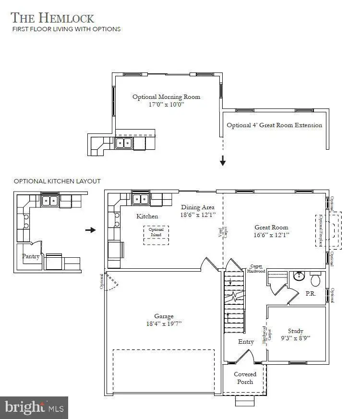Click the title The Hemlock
click(x=52, y=18)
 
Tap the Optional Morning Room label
click(x=166, y=97)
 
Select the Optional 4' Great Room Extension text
click(x=274, y=125)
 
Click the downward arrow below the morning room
click(x=223, y=161)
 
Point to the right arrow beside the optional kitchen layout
click(x=90, y=230)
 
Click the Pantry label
click(x=30, y=256)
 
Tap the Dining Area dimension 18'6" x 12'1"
click(x=198, y=215)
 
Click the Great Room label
click(x=271, y=227)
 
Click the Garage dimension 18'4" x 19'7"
click(x=164, y=323)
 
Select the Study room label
click(x=295, y=331)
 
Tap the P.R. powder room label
click(x=311, y=293)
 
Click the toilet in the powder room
click(x=316, y=279)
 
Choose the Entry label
click(x=246, y=342)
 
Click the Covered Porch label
click(x=245, y=378)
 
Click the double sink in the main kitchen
click(x=140, y=199)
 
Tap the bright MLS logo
click(x=34, y=407)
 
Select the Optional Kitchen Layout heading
click(x=57, y=181)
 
